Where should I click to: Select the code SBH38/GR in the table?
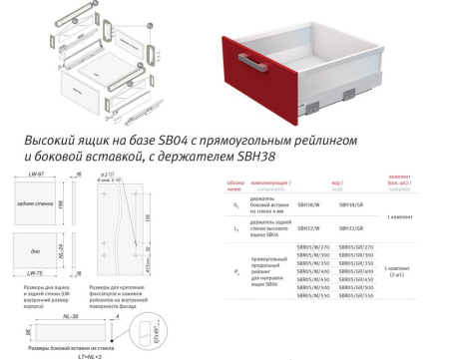pos(353,203)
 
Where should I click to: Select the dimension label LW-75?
pos(35,271)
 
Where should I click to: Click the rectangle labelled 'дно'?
pos(37,239)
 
